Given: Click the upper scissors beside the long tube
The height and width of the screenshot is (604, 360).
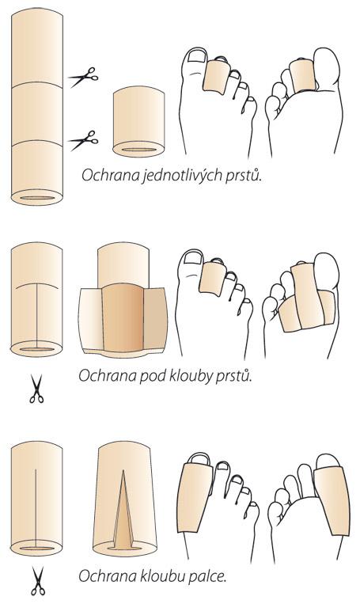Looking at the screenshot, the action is (x=83, y=77).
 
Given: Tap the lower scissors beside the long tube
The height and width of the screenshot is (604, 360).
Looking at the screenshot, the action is (x=83, y=141).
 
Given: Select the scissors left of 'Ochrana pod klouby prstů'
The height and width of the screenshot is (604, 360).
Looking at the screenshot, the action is (x=36, y=389).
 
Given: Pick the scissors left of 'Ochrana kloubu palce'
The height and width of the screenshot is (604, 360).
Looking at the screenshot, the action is (x=37, y=581).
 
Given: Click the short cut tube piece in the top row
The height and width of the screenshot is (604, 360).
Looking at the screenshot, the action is (x=138, y=121).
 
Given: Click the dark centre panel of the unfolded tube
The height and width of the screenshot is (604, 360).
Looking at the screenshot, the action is (x=123, y=317).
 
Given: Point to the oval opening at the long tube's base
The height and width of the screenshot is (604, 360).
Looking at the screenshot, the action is (x=37, y=198).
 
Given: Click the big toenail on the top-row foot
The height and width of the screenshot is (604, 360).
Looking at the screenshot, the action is (x=197, y=56).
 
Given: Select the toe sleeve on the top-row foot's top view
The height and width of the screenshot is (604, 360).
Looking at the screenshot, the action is (x=216, y=77).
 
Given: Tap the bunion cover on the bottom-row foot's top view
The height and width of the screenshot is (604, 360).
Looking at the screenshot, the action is (x=195, y=497).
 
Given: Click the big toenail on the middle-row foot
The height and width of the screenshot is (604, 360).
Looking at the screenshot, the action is (x=194, y=258).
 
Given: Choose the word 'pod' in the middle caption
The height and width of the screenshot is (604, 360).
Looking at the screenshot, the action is (x=152, y=375).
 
